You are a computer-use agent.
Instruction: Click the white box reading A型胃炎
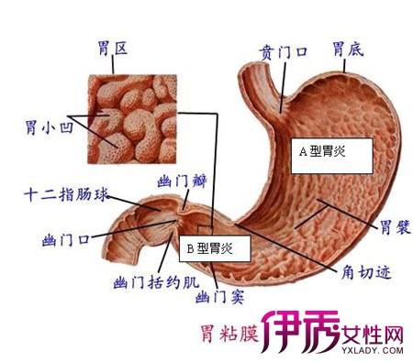tap(333, 153)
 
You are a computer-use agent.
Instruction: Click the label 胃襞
tap(393, 227)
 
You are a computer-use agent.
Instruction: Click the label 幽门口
tap(65, 240)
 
